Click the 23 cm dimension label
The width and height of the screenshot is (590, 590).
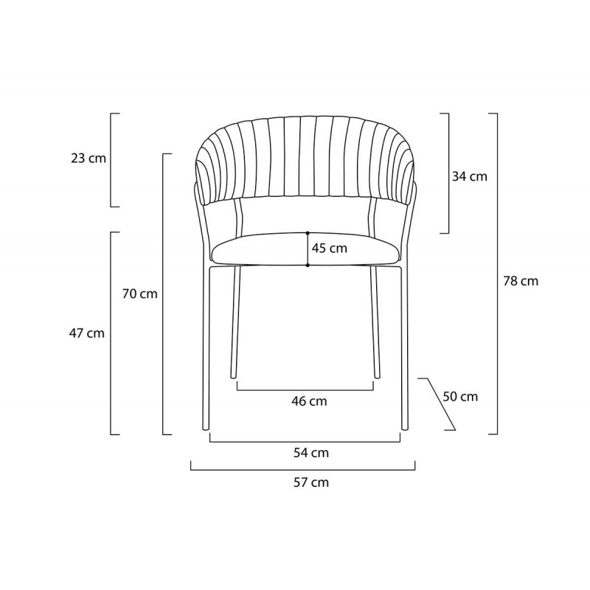88,159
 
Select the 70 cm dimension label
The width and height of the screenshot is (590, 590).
139,294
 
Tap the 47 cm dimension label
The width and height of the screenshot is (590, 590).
86,333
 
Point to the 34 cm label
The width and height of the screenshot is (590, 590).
470,176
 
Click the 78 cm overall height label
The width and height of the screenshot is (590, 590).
521,281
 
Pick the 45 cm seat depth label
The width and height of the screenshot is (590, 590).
329,249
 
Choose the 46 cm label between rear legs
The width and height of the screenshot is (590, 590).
309,401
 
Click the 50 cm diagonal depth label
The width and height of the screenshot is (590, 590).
460,396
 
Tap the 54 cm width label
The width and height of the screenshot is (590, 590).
311,453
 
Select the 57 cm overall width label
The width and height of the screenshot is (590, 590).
311,482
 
